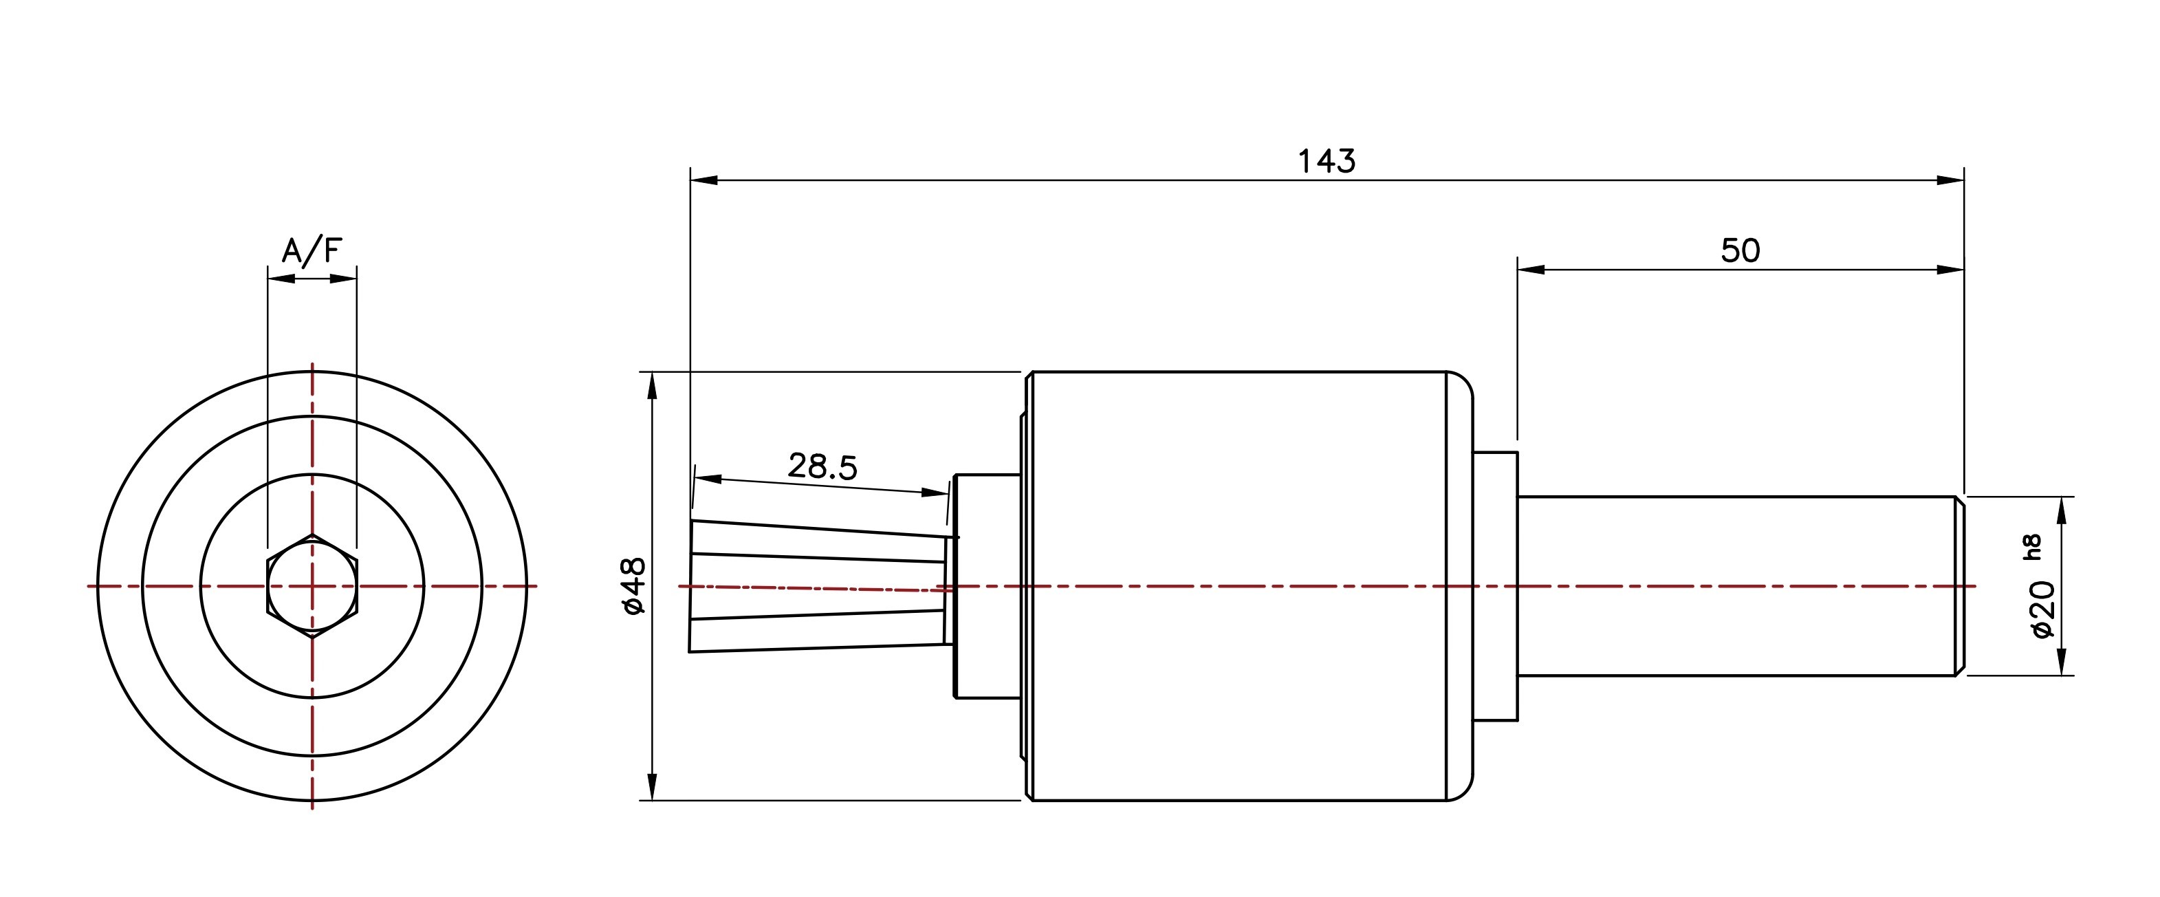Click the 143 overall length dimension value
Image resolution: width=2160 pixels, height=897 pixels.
(x=1327, y=160)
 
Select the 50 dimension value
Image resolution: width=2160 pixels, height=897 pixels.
(x=1741, y=251)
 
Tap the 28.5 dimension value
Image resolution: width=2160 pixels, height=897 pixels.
(x=822, y=466)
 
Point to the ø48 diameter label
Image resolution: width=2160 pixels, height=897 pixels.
(x=635, y=585)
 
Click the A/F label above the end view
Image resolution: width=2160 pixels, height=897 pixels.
(x=312, y=251)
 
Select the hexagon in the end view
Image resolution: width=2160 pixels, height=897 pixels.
(x=312, y=585)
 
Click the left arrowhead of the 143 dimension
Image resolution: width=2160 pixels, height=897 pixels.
(x=704, y=180)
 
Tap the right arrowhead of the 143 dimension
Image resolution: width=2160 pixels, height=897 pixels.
(x=1951, y=180)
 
